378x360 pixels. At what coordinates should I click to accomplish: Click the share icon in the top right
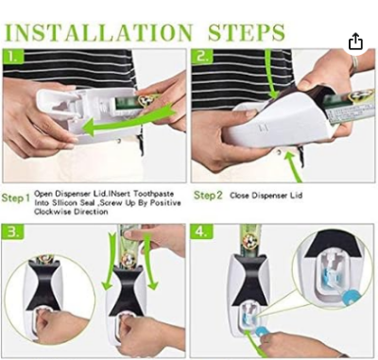tap(355, 42)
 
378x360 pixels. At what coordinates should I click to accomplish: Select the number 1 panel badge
tap(11, 57)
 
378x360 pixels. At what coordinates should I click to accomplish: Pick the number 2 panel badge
tap(202, 57)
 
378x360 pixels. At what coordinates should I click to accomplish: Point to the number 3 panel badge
tap(11, 231)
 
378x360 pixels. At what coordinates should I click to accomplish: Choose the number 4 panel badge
tap(202, 231)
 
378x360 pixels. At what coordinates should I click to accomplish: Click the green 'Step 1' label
tap(16, 198)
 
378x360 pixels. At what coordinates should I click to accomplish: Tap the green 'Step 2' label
tap(209, 195)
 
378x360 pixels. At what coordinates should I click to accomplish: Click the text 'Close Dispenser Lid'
tap(268, 195)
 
